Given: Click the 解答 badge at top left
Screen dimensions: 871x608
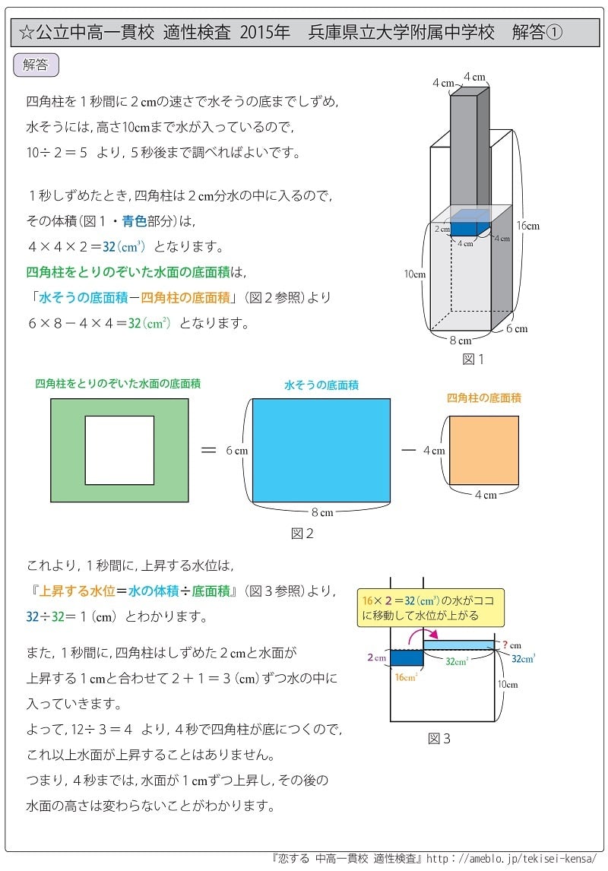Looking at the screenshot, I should coord(36,65).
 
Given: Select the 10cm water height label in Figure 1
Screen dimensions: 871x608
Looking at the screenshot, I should coord(414,274).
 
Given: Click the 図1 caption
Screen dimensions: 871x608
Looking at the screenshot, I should coord(472,359).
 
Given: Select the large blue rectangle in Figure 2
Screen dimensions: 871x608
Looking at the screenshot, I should coord(321,450).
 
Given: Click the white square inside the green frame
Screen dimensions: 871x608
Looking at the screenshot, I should coord(119,450).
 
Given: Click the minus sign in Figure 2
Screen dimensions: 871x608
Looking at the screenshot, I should coord(409,450).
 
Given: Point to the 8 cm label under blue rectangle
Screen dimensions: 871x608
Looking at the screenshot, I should coord(321,512).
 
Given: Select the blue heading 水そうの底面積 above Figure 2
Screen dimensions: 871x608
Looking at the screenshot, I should coord(321,385).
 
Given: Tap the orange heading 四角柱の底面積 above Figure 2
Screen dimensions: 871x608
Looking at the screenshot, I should coord(483,397).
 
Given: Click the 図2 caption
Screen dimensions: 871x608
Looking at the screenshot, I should coord(302,534).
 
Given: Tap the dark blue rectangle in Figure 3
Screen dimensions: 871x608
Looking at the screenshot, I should coord(406,657).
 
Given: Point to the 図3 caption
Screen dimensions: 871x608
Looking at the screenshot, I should coord(439,738).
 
